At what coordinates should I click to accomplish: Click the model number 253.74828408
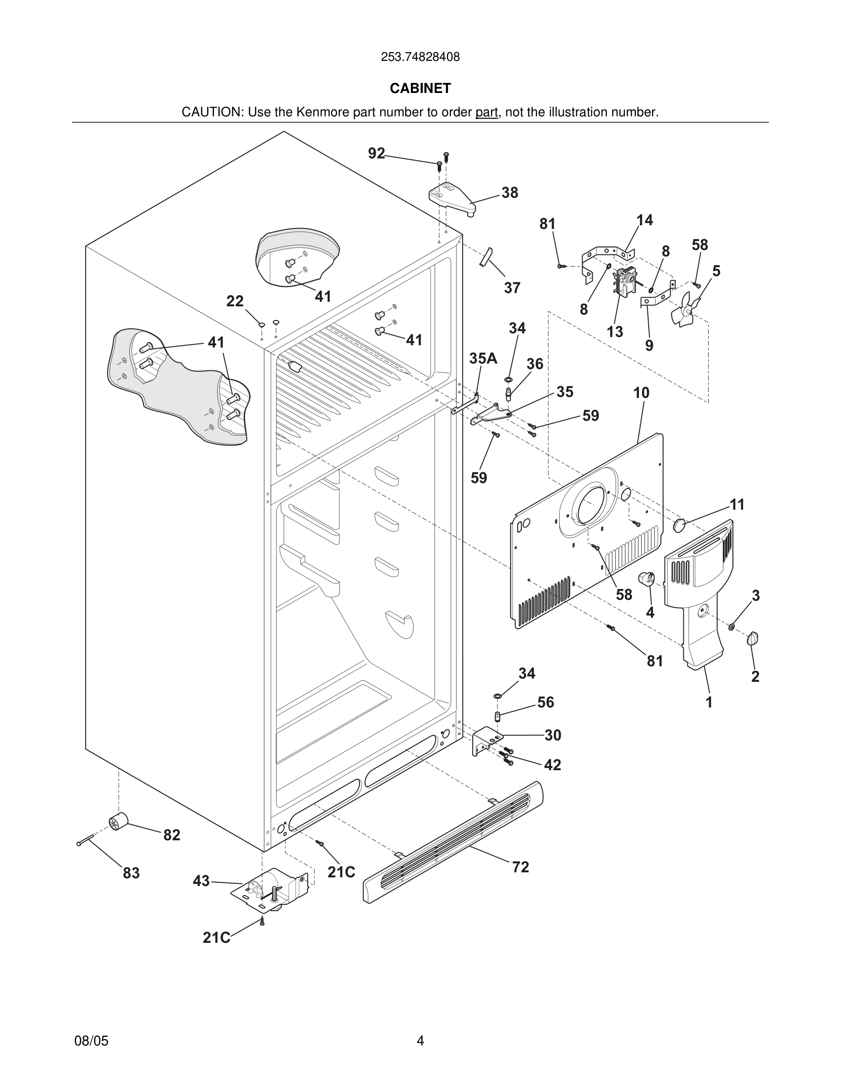[x=420, y=57]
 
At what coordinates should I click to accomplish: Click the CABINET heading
[x=420, y=88]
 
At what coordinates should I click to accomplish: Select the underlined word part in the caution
[x=486, y=113]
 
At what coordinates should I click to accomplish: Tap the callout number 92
[x=377, y=153]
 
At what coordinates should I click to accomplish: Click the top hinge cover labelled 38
[x=451, y=197]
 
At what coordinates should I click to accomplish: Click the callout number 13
[x=615, y=332]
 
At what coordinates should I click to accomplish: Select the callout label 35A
[x=483, y=358]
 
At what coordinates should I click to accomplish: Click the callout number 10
[x=641, y=393]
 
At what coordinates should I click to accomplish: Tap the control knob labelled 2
[x=753, y=639]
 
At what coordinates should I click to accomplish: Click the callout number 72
[x=521, y=867]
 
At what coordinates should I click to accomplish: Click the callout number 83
[x=131, y=873]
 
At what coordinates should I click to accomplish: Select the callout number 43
[x=201, y=881]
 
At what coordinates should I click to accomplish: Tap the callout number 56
[x=546, y=702]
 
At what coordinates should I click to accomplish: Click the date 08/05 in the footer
[x=91, y=1041]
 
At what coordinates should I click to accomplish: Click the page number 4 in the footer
[x=420, y=1041]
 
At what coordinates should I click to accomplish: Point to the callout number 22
[x=235, y=301]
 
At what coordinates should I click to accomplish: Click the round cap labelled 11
[x=680, y=525]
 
